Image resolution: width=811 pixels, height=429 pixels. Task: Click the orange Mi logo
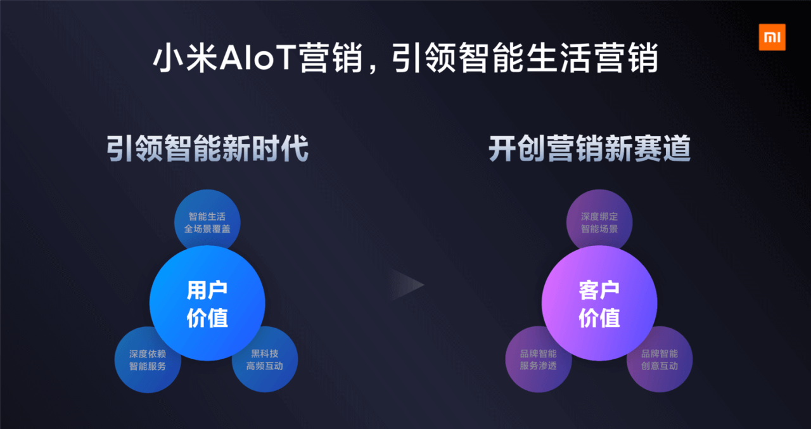(x=772, y=37)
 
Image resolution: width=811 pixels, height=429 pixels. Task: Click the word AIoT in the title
(x=257, y=58)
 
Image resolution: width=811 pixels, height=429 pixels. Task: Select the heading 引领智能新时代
(x=207, y=148)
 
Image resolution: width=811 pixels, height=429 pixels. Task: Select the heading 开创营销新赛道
(x=590, y=148)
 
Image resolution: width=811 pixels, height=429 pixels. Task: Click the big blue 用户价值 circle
(x=207, y=303)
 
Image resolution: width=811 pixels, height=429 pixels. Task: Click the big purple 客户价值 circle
(x=599, y=303)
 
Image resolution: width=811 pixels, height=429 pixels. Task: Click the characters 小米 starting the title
(x=184, y=58)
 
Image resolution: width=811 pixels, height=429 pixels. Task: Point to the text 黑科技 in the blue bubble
(x=265, y=354)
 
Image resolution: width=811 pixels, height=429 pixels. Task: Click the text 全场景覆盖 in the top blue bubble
(x=207, y=229)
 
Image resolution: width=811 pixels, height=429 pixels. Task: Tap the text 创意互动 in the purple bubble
(x=660, y=366)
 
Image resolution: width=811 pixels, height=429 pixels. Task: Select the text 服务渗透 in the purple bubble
(x=538, y=366)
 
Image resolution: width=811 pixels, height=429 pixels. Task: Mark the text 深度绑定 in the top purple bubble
(x=599, y=217)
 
